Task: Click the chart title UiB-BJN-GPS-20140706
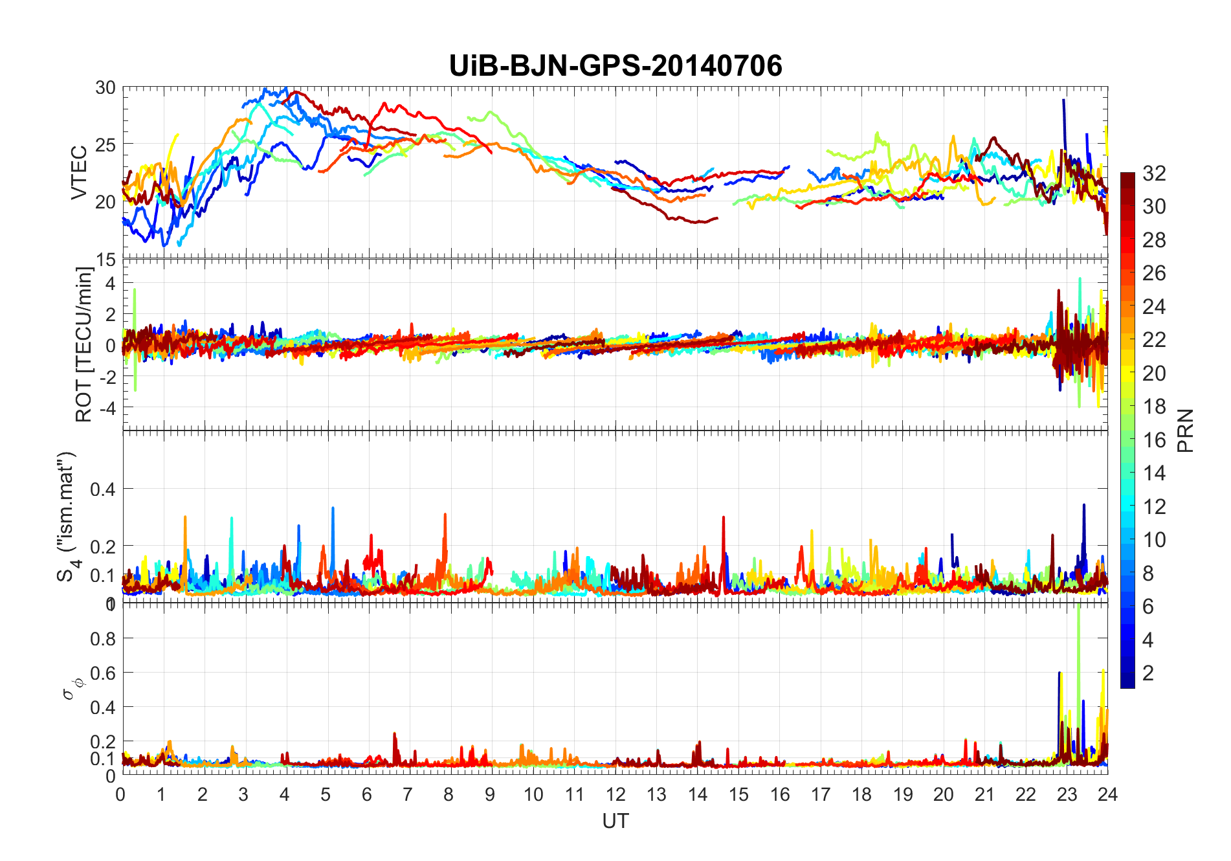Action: pyautogui.click(x=615, y=66)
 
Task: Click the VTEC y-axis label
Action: pyautogui.click(x=79, y=173)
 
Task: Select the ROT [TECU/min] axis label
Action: pyautogui.click(x=84, y=344)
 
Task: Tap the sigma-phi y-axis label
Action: pyautogui.click(x=70, y=688)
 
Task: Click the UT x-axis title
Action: pyautogui.click(x=615, y=821)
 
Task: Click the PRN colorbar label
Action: pyautogui.click(x=1185, y=430)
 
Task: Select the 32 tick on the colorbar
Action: pyautogui.click(x=1154, y=173)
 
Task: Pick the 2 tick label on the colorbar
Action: pyautogui.click(x=1148, y=673)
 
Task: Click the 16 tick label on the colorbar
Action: pyautogui.click(x=1154, y=440)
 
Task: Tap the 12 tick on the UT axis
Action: pyautogui.click(x=615, y=794)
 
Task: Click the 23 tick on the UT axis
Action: pyautogui.click(x=1067, y=794)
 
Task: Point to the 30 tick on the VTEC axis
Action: pyautogui.click(x=105, y=88)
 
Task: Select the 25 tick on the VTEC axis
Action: pyautogui.click(x=105, y=144)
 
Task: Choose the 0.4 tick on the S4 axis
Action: pyautogui.click(x=102, y=489)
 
